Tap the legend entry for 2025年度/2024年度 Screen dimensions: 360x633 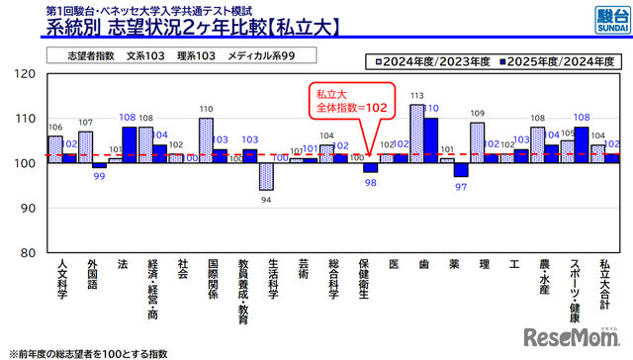[554, 59]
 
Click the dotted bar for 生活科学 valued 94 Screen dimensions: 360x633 [266, 176]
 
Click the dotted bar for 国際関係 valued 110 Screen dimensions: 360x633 [206, 140]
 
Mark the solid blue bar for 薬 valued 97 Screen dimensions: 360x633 [461, 169]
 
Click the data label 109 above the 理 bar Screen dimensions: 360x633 [477, 115]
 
